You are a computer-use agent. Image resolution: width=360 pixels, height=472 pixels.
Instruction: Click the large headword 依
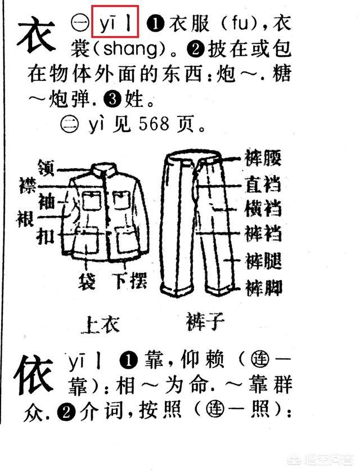34,375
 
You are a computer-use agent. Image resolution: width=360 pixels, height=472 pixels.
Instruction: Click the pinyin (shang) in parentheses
130,49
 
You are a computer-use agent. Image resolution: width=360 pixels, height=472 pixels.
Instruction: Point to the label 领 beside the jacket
46,168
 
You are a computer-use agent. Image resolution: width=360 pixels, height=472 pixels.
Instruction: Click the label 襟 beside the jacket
28,185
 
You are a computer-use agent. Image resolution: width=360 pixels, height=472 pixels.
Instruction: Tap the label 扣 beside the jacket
46,236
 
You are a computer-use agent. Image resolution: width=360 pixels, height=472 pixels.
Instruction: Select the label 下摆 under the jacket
131,281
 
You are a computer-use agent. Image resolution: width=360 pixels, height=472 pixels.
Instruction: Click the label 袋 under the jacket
87,281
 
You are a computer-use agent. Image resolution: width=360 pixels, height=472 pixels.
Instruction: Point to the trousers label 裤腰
263,158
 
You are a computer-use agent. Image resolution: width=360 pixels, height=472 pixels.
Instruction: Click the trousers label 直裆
263,183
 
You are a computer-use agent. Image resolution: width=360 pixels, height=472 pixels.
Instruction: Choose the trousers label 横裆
263,208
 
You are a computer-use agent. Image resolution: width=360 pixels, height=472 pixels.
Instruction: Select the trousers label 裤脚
264,287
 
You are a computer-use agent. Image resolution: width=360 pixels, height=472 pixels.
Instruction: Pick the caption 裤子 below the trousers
205,321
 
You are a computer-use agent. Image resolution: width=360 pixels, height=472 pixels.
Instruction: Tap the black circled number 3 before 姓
112,99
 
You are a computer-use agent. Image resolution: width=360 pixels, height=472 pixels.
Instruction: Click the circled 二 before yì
70,124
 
